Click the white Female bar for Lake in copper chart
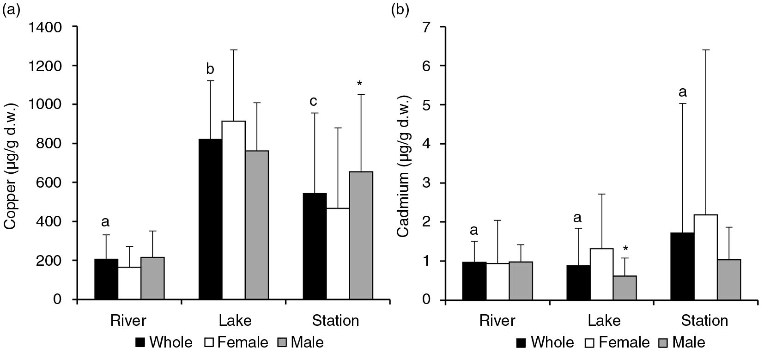[x=233, y=210]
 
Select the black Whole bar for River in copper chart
[x=106, y=279]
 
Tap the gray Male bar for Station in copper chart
[x=361, y=236]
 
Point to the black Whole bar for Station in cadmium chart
[x=682, y=266]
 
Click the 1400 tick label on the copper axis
[x=45, y=27]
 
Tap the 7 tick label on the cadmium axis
[x=428, y=27]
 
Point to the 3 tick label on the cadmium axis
[x=428, y=183]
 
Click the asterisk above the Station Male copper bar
[x=360, y=84]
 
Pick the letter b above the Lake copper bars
[x=210, y=69]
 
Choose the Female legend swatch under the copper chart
[x=209, y=342]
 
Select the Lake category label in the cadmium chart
[x=601, y=321]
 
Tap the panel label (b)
[x=400, y=9]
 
